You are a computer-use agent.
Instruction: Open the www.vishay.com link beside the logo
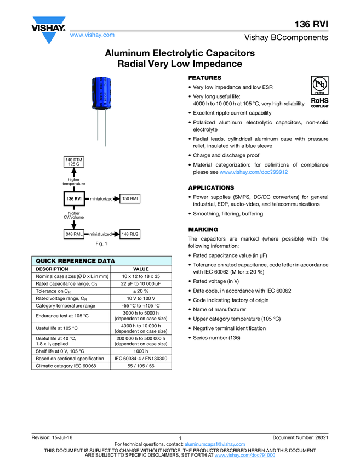click(x=92, y=35)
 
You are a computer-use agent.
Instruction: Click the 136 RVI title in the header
click(x=312, y=24)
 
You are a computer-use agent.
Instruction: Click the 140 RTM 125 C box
click(x=74, y=162)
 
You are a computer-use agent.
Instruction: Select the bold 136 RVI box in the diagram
click(x=74, y=198)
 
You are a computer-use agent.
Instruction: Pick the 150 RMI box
click(x=130, y=198)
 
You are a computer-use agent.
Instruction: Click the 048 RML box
click(x=74, y=234)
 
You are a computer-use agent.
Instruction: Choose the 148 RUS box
click(x=130, y=234)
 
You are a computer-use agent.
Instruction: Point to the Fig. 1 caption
click(x=101, y=243)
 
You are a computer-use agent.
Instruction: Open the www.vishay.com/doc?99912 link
click(x=254, y=172)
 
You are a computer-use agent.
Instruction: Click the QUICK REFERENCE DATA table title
click(x=76, y=261)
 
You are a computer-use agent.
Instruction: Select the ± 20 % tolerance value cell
click(x=141, y=291)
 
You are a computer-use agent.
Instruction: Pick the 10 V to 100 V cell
click(x=141, y=298)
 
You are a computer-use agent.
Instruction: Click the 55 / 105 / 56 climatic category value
click(x=141, y=366)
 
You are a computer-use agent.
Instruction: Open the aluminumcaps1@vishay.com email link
click(x=214, y=444)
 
